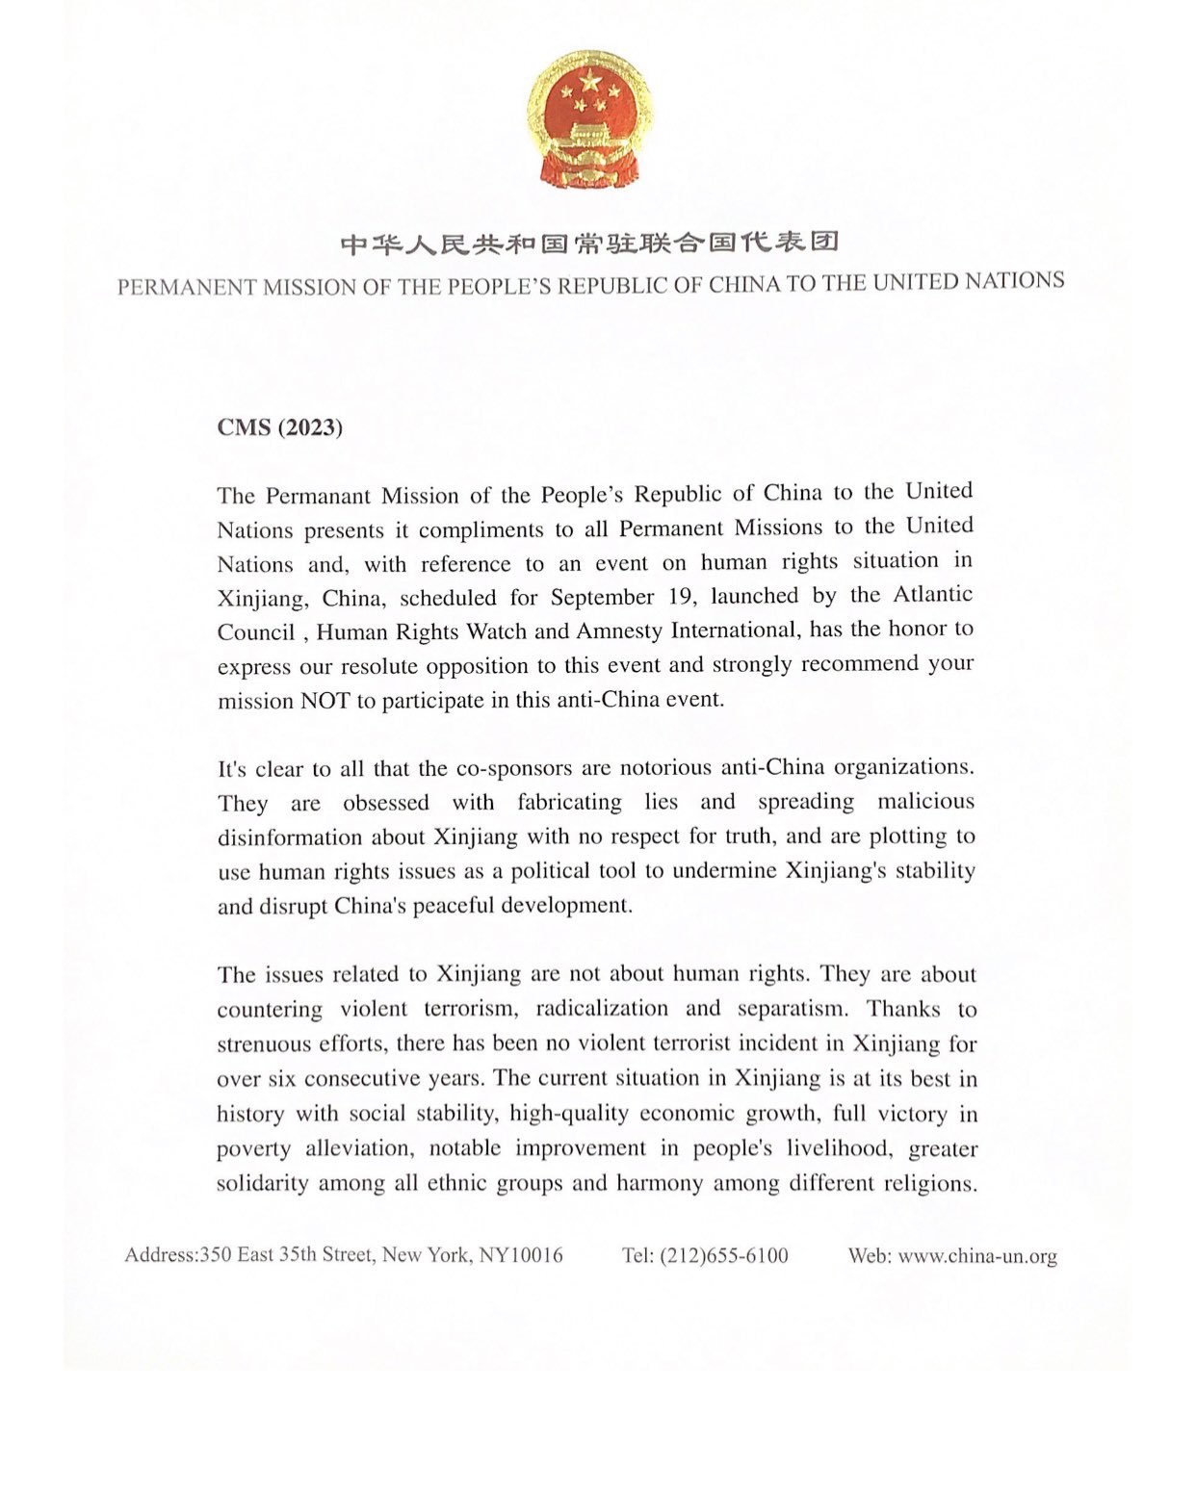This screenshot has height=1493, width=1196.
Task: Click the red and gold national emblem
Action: coord(589,117)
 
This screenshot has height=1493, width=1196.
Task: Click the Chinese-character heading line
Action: coord(589,242)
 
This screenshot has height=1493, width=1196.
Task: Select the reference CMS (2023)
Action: coord(280,427)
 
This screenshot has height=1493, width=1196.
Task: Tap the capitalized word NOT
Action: coord(325,701)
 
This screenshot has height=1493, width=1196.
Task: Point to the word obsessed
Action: coord(386,803)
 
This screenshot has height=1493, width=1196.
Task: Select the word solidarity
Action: coord(261,1183)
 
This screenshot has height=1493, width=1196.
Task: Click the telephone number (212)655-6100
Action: coord(723,1256)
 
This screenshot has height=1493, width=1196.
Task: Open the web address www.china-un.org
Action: coord(977,1256)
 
